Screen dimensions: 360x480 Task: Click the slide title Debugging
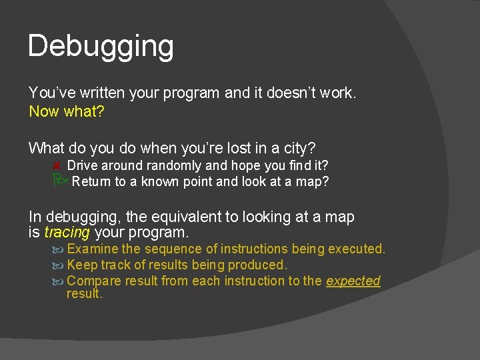101,47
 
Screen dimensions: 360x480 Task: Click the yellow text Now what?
67,111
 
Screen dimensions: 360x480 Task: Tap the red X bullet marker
58,165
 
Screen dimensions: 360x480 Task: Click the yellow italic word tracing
67,233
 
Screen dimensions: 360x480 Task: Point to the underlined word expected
353,281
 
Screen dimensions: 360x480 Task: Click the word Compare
95,281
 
